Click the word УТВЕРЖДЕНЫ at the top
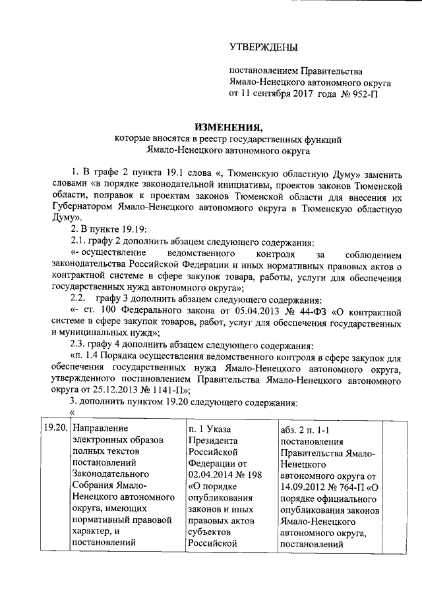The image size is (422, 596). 263,47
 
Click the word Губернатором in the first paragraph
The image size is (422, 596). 92,209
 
